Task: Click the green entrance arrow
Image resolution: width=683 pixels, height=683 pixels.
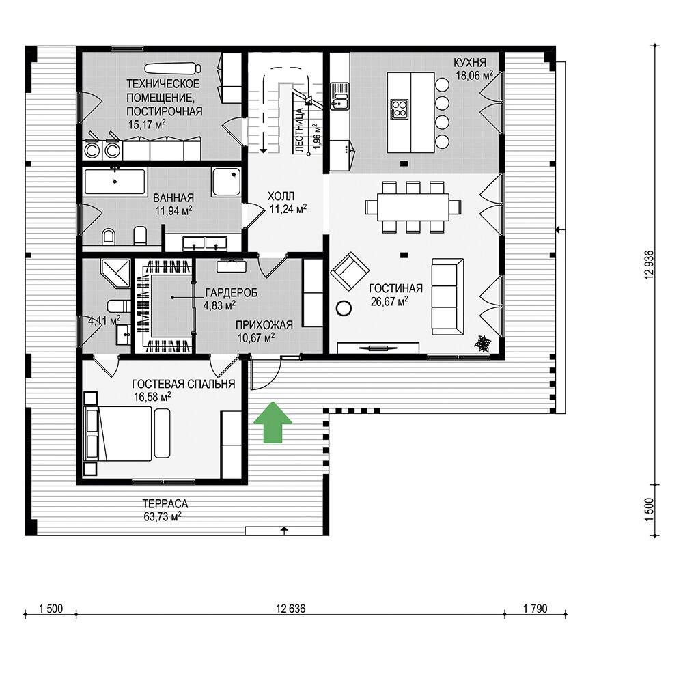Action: (273, 422)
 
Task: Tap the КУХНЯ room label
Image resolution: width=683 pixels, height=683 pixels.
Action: (470, 62)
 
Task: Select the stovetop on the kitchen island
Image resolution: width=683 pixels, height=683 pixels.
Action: (400, 109)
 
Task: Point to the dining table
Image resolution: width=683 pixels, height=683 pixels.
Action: (413, 206)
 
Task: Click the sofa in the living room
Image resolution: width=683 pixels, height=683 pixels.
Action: (447, 296)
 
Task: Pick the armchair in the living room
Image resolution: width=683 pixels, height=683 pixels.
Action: (349, 271)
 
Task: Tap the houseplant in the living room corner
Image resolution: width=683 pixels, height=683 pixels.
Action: (483, 344)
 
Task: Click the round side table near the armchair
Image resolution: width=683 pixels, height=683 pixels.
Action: (344, 308)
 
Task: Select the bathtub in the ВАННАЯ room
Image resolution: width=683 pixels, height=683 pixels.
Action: (115, 181)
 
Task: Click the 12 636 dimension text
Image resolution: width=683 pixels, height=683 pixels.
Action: (290, 608)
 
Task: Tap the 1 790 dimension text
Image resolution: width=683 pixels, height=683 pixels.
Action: (535, 608)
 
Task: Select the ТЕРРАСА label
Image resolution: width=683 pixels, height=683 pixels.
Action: (165, 504)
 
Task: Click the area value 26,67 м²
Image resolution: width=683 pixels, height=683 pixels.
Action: (389, 301)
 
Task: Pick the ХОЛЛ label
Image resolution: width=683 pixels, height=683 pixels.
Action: (281, 196)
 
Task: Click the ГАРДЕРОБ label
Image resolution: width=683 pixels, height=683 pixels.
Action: (232, 293)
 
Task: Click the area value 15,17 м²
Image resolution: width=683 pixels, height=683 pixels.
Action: (147, 124)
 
